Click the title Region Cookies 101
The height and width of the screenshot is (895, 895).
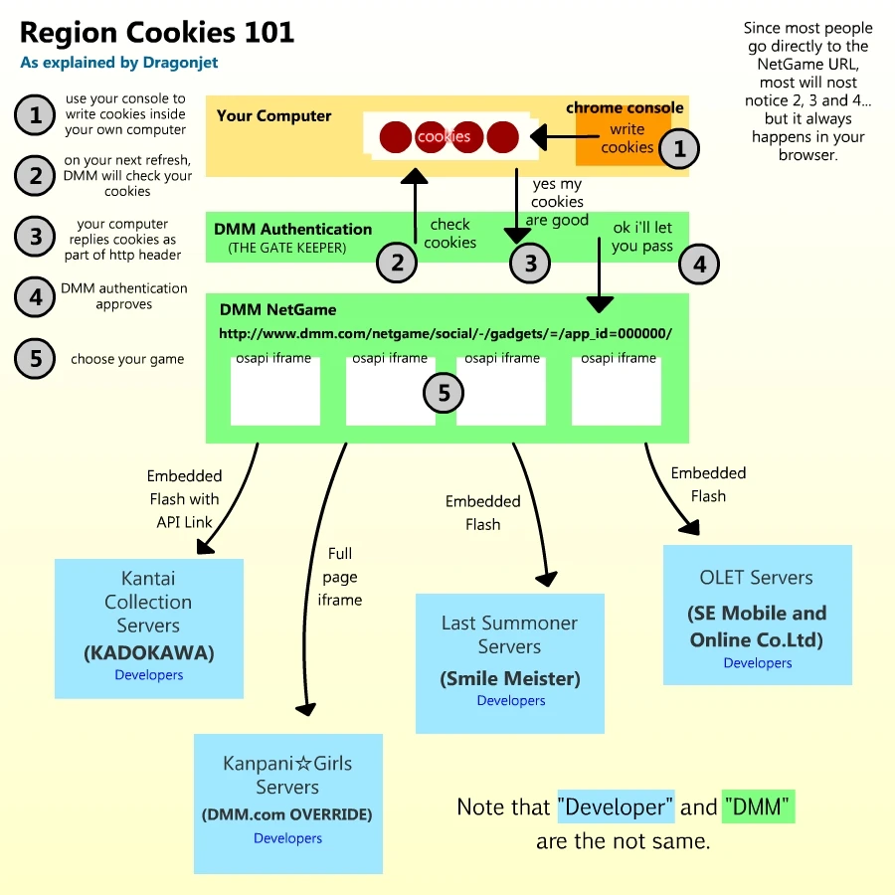coord(157,33)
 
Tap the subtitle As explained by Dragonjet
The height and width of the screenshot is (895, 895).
coord(118,63)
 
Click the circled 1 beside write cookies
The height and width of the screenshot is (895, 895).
coord(680,149)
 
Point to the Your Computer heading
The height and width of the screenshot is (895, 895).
coord(273,115)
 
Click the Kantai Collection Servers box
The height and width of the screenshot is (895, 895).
coord(149,627)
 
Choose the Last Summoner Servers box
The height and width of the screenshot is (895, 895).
coord(510,663)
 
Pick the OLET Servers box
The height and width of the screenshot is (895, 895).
coord(757,615)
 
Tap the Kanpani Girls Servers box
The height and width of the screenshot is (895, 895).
coord(288,804)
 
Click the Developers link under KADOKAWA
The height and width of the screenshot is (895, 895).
coord(149,675)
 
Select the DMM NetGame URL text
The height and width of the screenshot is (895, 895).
coord(446,334)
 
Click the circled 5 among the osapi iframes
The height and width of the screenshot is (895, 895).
coord(444,393)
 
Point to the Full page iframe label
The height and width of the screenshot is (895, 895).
coord(340,577)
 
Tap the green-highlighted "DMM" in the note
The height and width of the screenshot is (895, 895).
coord(760,807)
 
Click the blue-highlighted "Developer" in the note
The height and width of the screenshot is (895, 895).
coord(616,807)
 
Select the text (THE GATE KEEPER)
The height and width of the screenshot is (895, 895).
coord(287,248)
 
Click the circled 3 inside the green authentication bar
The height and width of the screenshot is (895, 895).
coord(530,264)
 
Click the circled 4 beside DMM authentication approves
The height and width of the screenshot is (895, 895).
coord(36,296)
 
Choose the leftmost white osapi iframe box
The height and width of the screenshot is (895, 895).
coord(274,390)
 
